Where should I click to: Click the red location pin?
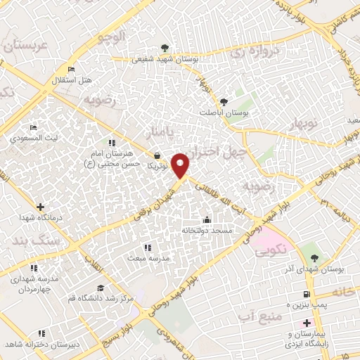181,165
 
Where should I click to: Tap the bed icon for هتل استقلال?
70,69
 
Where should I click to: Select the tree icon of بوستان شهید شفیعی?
165,48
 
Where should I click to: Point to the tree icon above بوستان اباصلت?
224,101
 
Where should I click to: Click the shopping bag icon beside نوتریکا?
156,155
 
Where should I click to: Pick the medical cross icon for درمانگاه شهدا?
40,207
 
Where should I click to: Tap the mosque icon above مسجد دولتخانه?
206,219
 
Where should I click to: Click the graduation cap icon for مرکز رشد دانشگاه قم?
100,288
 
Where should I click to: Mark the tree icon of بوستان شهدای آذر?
314,257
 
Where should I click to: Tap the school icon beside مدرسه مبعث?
147,247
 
